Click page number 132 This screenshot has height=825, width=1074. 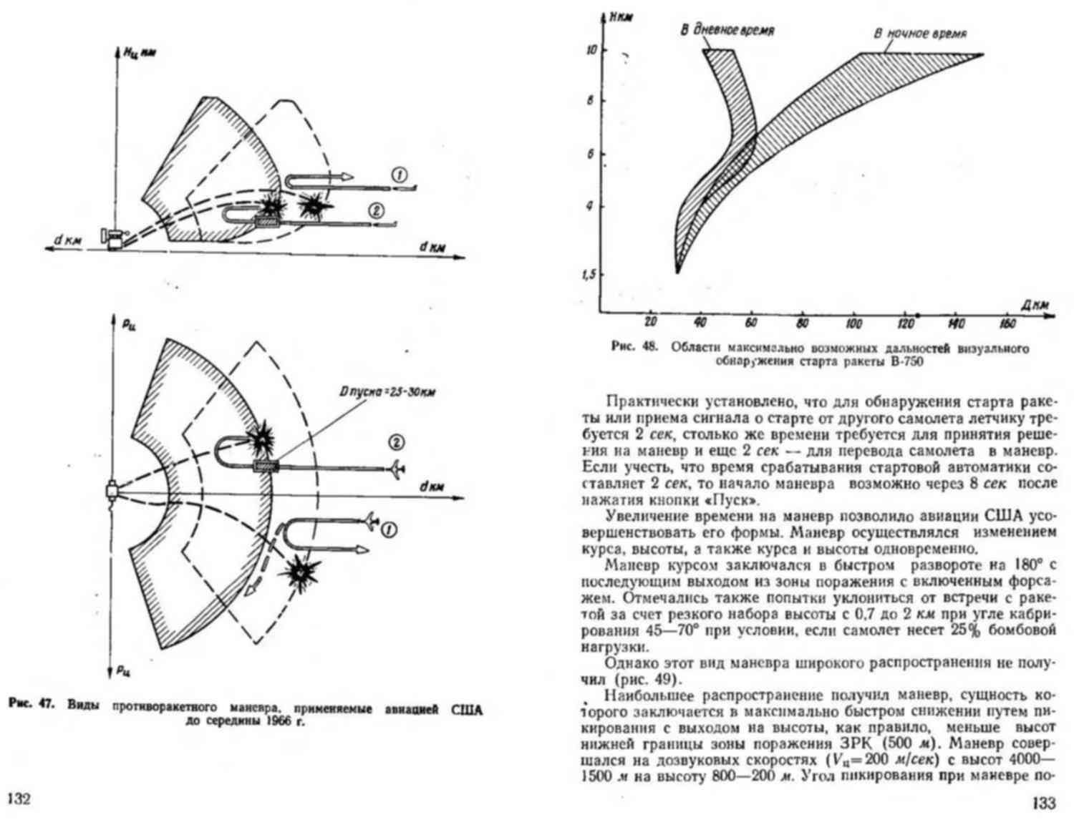click(x=19, y=799)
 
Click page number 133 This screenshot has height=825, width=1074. click(x=1044, y=803)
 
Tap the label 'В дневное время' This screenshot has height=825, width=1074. click(x=726, y=31)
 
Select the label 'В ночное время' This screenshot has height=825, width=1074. click(x=920, y=34)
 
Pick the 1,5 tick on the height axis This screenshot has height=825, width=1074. click(x=589, y=274)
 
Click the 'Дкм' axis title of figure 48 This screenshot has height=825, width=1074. click(x=1035, y=305)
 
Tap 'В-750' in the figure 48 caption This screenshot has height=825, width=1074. click(x=904, y=362)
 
